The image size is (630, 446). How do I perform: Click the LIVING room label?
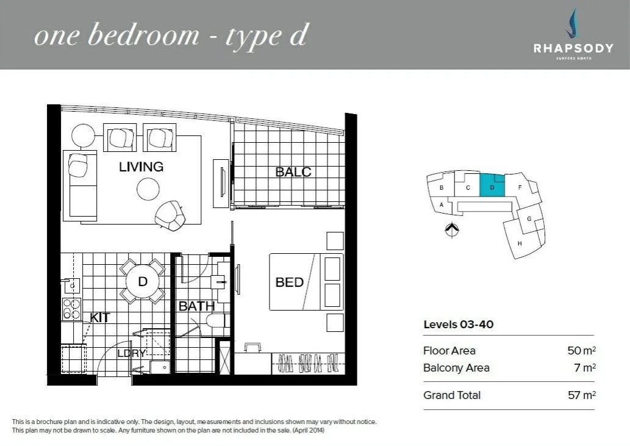[x=141, y=167]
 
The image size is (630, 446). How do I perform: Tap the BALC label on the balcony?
[x=293, y=172]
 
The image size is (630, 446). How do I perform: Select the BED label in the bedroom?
[x=289, y=282]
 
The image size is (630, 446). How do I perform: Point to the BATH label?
[x=196, y=306]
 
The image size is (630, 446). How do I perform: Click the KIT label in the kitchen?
[x=99, y=317]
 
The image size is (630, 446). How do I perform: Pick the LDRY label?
[x=131, y=353]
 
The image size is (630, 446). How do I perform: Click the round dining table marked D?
[x=143, y=281]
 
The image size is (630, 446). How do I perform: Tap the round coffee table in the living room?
[x=148, y=189]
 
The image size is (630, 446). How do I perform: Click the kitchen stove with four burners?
[x=71, y=309]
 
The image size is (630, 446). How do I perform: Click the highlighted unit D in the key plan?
[x=492, y=186]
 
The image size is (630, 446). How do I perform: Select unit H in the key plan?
[x=520, y=242]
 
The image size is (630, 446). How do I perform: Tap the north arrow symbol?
[x=451, y=230]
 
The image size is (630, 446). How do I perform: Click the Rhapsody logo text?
[x=573, y=48]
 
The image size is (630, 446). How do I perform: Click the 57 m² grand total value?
[x=581, y=395]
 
